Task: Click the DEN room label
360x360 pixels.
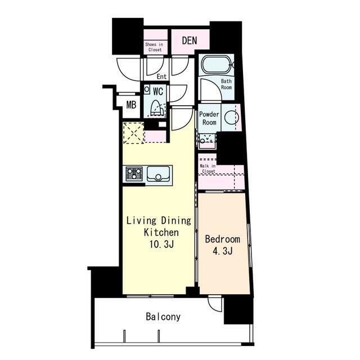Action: pos(190,40)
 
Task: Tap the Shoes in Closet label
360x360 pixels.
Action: pos(154,47)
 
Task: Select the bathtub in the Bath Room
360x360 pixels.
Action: pos(216,65)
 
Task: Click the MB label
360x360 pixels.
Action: pos(131,105)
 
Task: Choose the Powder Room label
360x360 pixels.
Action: pos(209,118)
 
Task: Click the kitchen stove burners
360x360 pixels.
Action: pos(134,174)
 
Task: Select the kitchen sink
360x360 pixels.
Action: pos(159,174)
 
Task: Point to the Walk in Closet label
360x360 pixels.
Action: pos(208,169)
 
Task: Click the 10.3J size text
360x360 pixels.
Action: pos(161,245)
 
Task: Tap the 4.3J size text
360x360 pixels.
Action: pos(223,251)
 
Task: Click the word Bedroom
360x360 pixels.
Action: pos(223,239)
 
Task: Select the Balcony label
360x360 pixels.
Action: pos(163,317)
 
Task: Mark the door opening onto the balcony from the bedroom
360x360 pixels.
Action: pos(215,304)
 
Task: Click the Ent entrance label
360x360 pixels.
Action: pos(161,76)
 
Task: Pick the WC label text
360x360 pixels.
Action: pos(158,92)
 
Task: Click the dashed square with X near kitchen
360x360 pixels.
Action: pos(133,133)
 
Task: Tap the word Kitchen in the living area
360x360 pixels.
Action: pos(161,232)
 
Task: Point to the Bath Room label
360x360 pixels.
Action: pos(226,84)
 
